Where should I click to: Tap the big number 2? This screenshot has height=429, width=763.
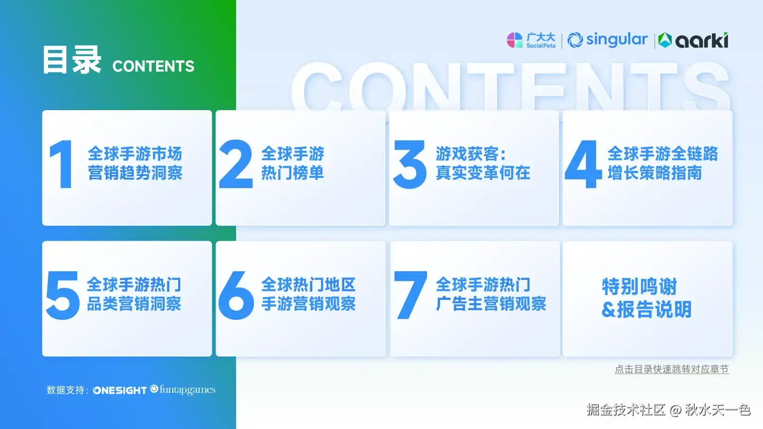(x=236, y=164)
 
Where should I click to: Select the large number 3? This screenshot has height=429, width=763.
(x=410, y=164)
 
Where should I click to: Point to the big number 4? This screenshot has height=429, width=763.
(x=583, y=164)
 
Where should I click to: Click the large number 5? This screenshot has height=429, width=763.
(x=63, y=295)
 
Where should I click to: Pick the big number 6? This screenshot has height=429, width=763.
(x=236, y=295)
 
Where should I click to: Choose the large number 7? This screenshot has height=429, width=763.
(x=411, y=295)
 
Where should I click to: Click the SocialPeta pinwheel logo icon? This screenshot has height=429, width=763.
(x=514, y=40)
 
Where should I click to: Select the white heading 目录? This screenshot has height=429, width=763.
(x=72, y=60)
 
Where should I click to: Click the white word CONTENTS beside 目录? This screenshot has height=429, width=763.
(x=153, y=66)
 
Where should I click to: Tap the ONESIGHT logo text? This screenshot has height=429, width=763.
(x=120, y=390)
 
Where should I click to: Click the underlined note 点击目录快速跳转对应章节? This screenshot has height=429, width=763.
(x=672, y=369)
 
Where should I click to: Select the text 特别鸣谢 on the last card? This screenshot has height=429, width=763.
(x=640, y=287)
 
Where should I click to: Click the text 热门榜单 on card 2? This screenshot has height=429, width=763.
(x=292, y=173)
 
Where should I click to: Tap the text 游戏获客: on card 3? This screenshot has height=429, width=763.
(x=471, y=154)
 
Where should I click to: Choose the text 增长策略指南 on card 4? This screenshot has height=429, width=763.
(x=655, y=173)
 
